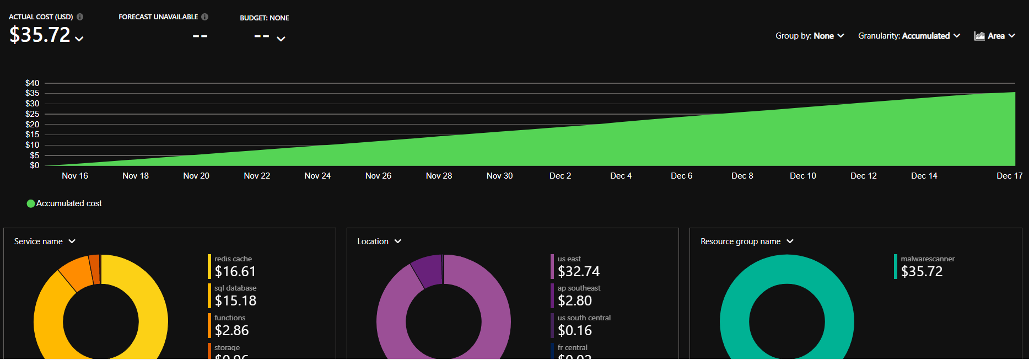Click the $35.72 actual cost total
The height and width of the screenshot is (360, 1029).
click(x=40, y=35)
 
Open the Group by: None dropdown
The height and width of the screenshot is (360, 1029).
click(x=809, y=36)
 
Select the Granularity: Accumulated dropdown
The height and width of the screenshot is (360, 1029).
click(x=908, y=36)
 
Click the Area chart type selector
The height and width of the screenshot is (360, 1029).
click(x=994, y=36)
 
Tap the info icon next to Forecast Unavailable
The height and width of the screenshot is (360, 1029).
click(x=205, y=17)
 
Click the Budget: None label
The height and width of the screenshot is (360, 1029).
click(x=264, y=18)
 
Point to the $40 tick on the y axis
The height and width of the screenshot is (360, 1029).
click(x=32, y=83)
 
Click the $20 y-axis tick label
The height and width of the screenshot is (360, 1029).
click(x=32, y=125)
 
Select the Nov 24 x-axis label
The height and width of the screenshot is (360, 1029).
click(x=317, y=176)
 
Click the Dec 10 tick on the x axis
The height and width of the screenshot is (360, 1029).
click(x=802, y=176)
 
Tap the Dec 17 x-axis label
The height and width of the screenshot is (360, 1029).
click(x=1009, y=176)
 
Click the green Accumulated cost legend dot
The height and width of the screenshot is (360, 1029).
click(x=31, y=203)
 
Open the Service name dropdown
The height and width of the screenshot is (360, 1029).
click(x=45, y=241)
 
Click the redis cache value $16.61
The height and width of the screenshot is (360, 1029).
click(x=235, y=271)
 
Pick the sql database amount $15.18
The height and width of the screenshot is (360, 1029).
click(x=235, y=301)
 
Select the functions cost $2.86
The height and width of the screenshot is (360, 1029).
click(x=231, y=331)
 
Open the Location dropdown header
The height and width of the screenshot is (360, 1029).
click(x=379, y=241)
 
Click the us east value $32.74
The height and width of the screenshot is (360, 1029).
click(x=578, y=271)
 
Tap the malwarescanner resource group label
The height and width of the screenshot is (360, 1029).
click(x=928, y=259)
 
